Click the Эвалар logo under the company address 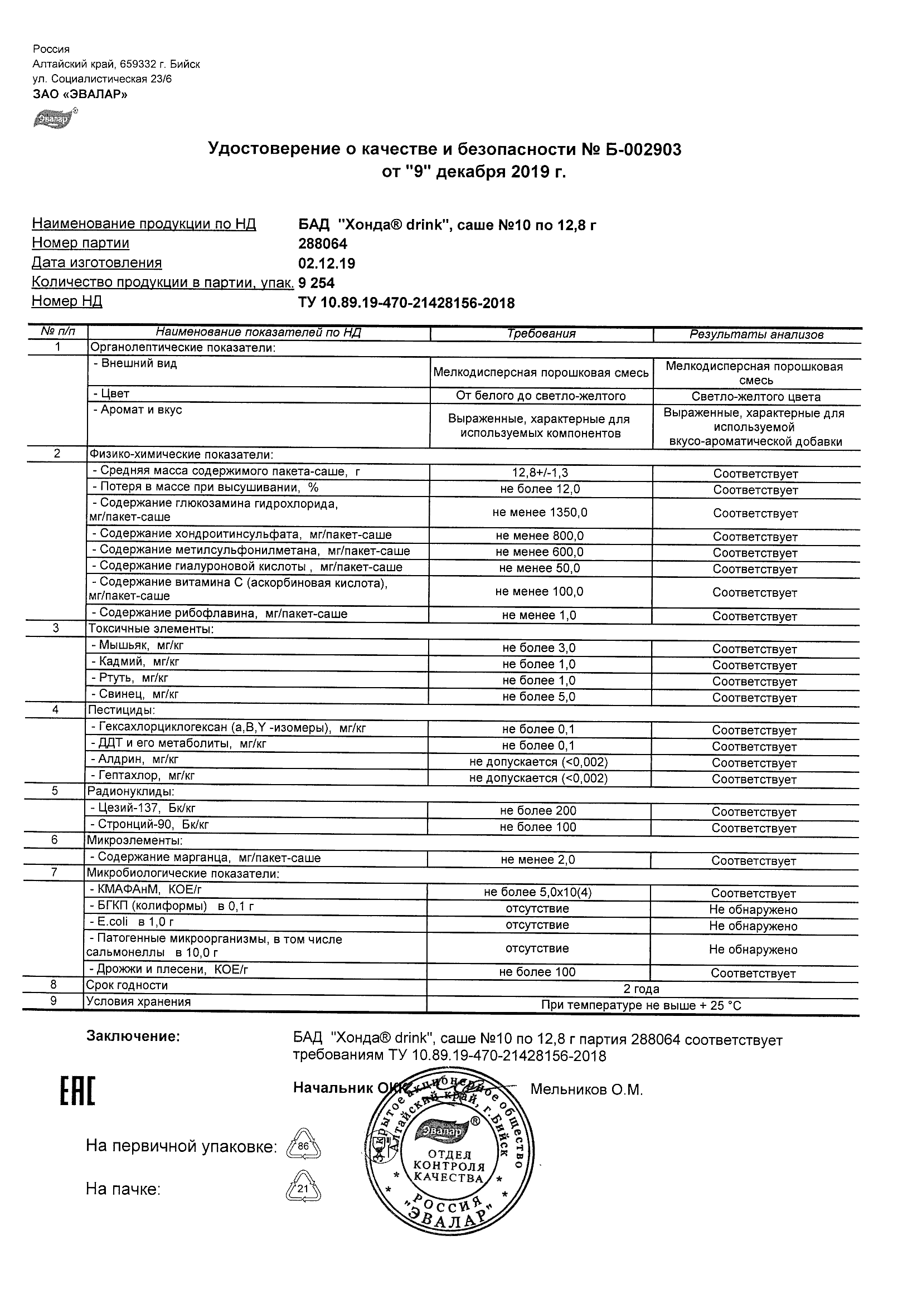[x=55, y=118]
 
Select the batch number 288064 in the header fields [x=323, y=244]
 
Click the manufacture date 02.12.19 [x=327, y=264]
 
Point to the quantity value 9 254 [x=317, y=283]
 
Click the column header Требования [x=541, y=334]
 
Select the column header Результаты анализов [x=756, y=334]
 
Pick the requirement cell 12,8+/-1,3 [x=540, y=473]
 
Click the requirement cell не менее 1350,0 [x=540, y=512]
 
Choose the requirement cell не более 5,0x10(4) [x=537, y=892]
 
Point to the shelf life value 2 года [x=642, y=989]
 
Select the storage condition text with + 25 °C [x=642, y=1005]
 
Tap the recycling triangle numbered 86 [x=303, y=1146]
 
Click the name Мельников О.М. [x=586, y=1089]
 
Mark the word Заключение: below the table [x=133, y=1037]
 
